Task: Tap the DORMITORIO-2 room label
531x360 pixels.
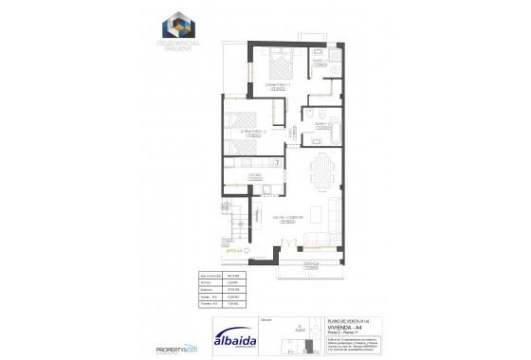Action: [x=252, y=131]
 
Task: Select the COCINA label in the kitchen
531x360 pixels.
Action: [x=255, y=175]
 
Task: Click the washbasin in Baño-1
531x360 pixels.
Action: [x=317, y=47]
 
